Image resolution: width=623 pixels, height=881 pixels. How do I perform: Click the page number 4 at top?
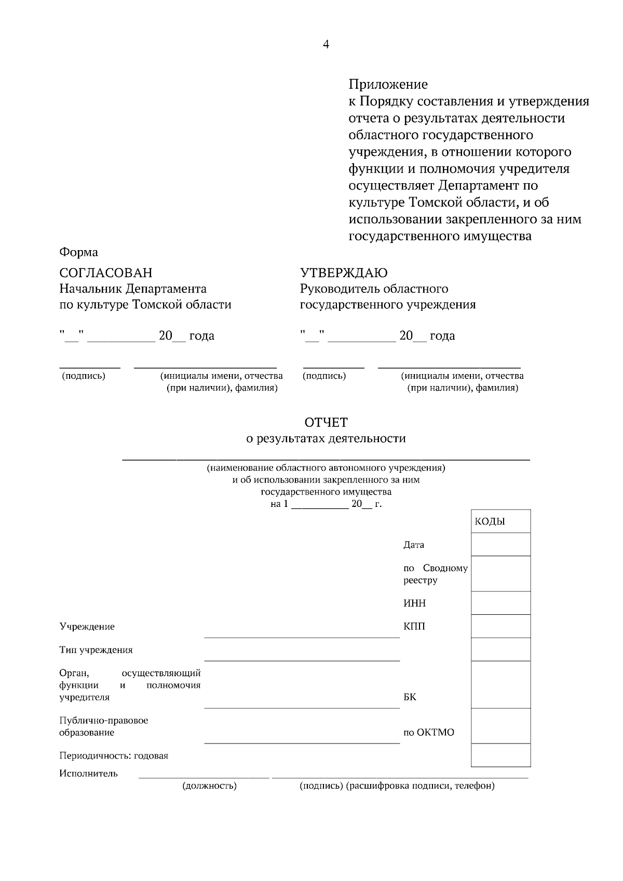coord(326,45)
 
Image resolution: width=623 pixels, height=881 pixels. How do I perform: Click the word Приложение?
coord(388,84)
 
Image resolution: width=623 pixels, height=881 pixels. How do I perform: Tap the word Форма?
coord(78,252)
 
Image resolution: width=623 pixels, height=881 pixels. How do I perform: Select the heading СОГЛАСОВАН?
coord(106,273)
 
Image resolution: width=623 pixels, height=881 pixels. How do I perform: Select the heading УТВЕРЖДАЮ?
coord(344,273)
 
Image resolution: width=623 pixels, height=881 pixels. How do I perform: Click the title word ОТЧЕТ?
coord(326,422)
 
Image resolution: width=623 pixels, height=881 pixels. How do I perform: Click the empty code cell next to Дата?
coord(500,544)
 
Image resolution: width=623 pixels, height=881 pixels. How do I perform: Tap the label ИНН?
coord(414,603)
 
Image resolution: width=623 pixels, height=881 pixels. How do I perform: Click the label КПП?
coord(414,627)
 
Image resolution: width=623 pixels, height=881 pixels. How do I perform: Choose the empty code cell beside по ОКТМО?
coord(500,725)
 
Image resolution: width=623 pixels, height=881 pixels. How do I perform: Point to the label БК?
coord(410,697)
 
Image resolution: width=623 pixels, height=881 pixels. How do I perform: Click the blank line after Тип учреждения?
coord(302,656)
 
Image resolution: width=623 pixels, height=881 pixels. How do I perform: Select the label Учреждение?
coord(87,627)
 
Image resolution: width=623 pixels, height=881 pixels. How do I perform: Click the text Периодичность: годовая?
coord(114,756)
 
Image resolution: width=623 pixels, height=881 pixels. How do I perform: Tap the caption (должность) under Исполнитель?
coord(209,786)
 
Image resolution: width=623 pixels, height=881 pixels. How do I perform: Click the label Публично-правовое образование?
coord(103,726)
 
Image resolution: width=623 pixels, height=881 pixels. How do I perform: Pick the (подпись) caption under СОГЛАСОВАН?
coord(84,376)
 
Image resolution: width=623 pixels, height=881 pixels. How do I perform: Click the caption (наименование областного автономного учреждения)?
coord(326,467)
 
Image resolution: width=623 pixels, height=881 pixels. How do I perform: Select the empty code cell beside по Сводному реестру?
coord(500,573)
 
